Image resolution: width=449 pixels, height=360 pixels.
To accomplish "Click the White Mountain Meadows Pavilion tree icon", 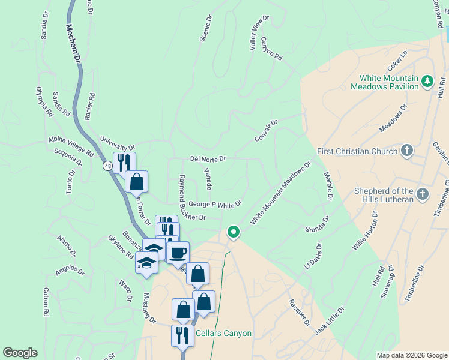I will pos(427,81).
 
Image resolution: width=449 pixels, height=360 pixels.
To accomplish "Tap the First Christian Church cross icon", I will pos(407,151).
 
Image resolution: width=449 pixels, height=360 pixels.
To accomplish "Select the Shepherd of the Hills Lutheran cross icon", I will pos(422,194).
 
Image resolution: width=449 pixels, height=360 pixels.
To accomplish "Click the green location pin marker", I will pos(233,232).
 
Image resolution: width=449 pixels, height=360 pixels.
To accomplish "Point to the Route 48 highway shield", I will pos(107,166).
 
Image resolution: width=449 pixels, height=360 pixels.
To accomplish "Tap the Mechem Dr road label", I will pos(73,43).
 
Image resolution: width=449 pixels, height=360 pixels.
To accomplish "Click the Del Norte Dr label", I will pos(208,159).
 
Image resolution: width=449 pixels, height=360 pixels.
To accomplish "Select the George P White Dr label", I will pos(214,205).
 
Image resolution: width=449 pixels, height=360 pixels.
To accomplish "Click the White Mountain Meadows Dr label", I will pos(280,193).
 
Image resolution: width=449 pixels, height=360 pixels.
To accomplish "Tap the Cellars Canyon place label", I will pos(223,334).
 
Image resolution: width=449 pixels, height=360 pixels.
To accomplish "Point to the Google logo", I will pos(20,353).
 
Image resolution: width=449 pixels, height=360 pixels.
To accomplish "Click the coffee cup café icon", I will pos(178,252).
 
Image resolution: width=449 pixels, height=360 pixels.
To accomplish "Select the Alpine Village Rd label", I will pos(71,146).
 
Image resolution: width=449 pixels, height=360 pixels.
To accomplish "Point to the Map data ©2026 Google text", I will pos(411,355).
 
